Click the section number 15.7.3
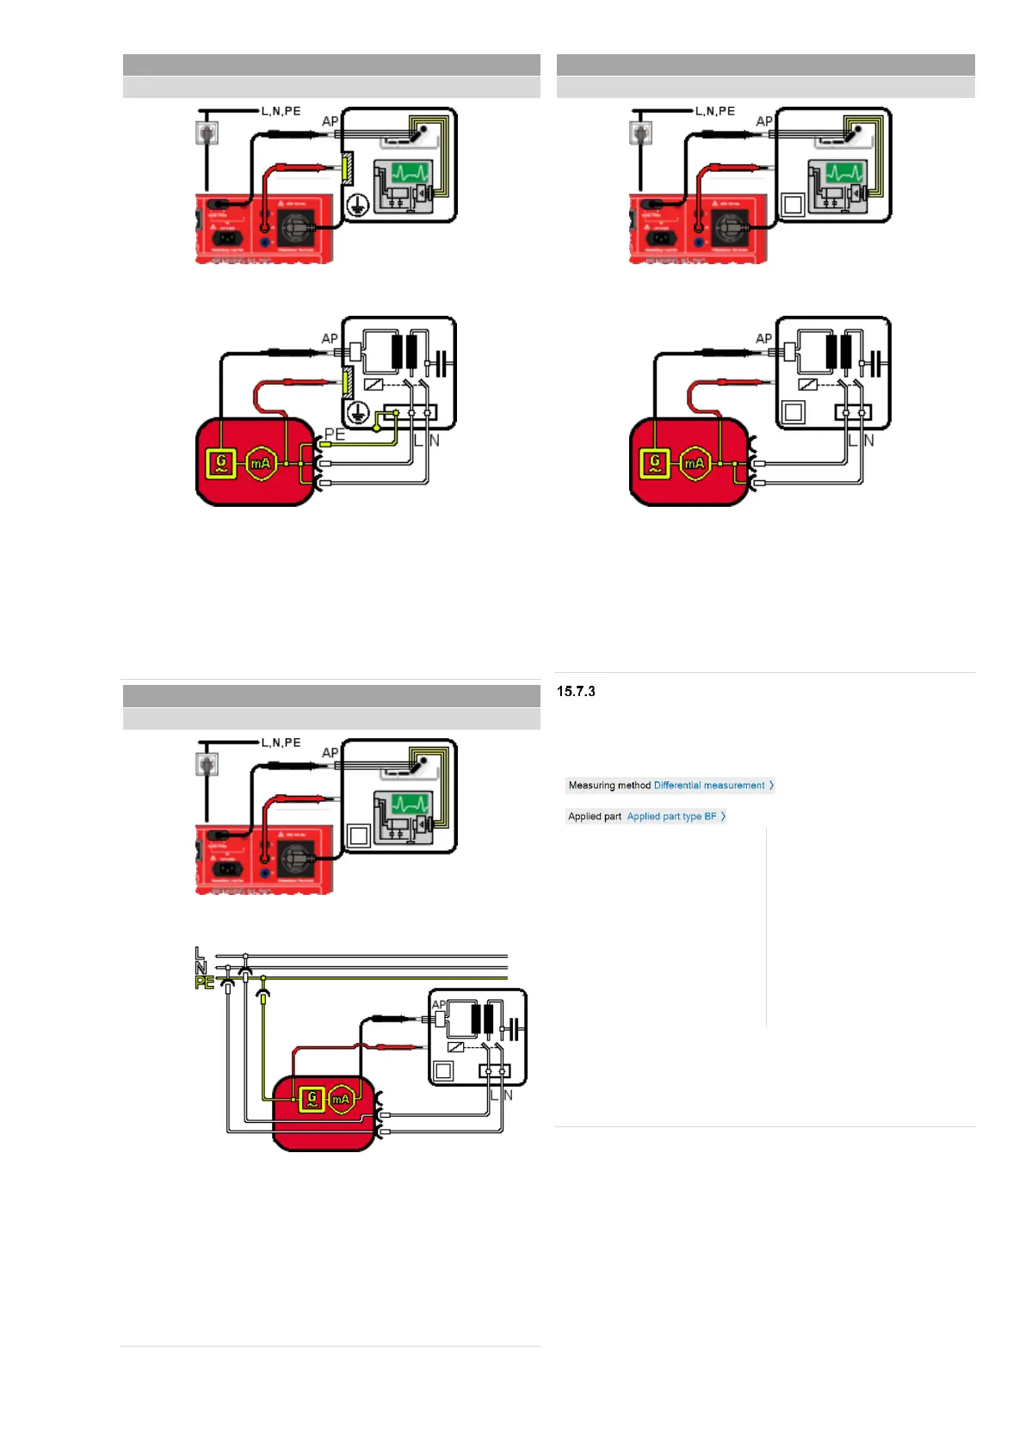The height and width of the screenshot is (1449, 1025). click(576, 691)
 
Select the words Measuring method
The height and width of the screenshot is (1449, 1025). click(609, 786)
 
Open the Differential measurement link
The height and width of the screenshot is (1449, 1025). click(709, 786)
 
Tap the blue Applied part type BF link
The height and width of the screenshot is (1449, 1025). click(671, 817)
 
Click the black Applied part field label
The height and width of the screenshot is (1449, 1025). click(595, 817)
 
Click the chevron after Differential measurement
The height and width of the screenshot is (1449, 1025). click(771, 786)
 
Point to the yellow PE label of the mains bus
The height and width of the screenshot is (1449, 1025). click(204, 983)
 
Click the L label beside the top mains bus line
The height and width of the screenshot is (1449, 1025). click(199, 953)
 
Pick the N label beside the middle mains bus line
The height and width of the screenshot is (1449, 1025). click(201, 968)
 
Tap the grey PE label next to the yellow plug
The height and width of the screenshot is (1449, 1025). click(335, 435)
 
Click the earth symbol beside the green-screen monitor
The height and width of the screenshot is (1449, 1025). click(358, 205)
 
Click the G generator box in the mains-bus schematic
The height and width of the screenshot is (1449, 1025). click(312, 1099)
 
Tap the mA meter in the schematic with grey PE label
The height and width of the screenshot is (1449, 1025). click(260, 464)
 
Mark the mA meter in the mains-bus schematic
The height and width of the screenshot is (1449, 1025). click(342, 1099)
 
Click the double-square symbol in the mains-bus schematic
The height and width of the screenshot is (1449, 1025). click(444, 1070)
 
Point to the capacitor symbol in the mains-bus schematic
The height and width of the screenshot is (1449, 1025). click(513, 1029)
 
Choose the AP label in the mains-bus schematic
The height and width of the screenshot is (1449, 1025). click(438, 1004)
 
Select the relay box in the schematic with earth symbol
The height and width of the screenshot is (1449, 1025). click(374, 385)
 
